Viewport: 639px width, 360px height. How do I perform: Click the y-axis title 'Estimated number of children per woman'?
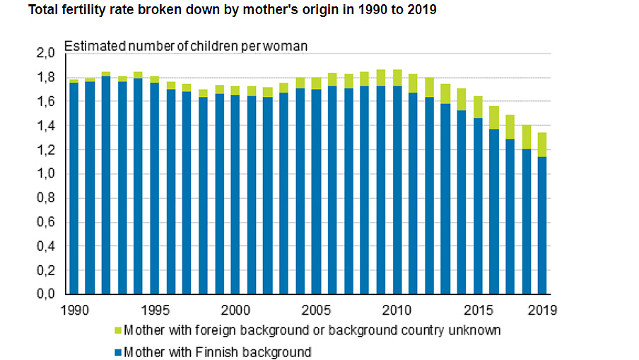[186, 47]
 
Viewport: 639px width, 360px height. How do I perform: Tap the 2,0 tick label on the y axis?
[45, 54]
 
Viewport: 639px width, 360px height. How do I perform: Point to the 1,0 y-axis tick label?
[45, 174]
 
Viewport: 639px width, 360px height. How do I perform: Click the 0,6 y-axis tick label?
[45, 222]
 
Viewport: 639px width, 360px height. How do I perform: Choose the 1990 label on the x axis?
[74, 310]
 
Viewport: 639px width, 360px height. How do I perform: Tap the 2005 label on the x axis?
[315, 310]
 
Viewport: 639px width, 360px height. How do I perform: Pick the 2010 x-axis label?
[396, 310]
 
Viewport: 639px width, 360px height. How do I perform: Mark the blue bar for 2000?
[235, 194]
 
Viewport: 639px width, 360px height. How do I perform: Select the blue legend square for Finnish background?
[117, 352]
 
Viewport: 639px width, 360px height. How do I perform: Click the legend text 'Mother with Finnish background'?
[217, 352]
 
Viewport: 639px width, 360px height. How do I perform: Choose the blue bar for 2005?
[315, 191]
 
